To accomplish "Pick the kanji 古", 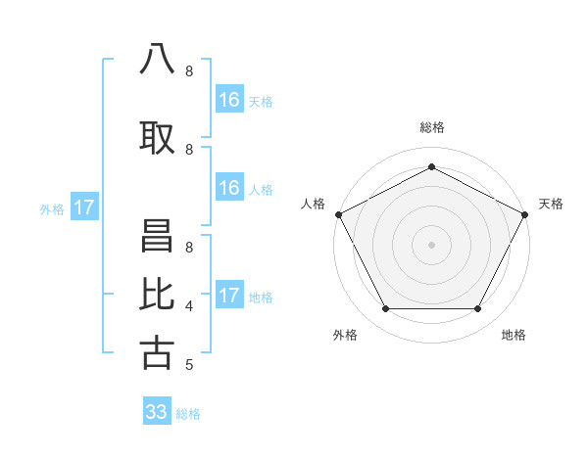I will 157,352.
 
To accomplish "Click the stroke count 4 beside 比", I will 189,306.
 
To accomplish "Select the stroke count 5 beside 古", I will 189,365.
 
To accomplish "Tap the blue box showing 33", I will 157,412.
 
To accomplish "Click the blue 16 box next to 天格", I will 228,100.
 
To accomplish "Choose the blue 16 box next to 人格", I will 228,188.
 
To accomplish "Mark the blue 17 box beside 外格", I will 84,207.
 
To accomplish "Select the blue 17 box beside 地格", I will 228,296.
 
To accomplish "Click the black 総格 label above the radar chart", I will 431,127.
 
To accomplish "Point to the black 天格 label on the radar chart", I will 551,204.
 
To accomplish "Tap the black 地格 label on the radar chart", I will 514,335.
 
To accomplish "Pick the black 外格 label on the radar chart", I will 345,335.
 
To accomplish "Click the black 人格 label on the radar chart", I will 314,204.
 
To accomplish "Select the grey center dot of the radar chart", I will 431,245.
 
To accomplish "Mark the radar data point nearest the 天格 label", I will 525,214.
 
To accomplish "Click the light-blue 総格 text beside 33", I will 188,414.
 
